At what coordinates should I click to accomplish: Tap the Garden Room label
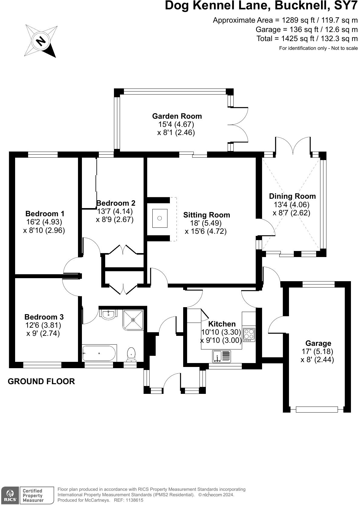click(x=177, y=116)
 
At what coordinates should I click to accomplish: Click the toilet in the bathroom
click(x=131, y=354)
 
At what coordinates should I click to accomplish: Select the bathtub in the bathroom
click(x=99, y=353)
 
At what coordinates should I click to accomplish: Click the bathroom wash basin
click(x=108, y=315)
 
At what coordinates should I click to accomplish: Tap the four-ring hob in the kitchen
click(x=249, y=335)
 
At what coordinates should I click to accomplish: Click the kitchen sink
click(x=222, y=356)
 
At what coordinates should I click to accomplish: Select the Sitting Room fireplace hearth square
click(x=160, y=218)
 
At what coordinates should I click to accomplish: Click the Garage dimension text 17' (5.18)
click(x=317, y=352)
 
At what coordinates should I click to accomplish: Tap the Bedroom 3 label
click(x=44, y=317)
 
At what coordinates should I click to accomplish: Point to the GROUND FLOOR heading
click(x=41, y=381)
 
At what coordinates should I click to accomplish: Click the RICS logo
click(x=10, y=495)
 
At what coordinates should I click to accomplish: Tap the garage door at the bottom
click(x=316, y=410)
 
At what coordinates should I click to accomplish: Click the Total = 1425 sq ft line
click(x=307, y=39)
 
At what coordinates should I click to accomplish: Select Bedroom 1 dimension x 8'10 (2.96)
click(x=44, y=230)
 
